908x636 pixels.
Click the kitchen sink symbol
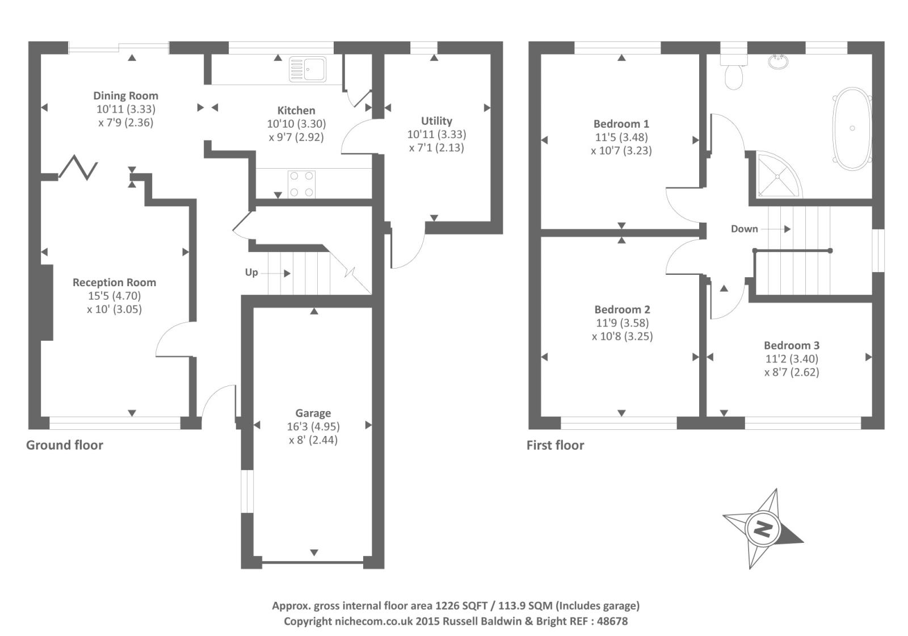pos(308,69)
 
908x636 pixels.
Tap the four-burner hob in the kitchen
pos(301,184)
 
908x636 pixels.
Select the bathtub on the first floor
pos(852,128)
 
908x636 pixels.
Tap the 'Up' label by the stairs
pos(251,273)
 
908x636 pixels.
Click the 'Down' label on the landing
pos(744,229)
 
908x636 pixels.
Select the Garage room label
pos(313,413)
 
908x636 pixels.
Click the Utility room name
pos(436,121)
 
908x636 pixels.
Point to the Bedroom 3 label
pos(791,345)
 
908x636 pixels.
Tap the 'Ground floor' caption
pos(65,445)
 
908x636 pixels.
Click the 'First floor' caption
pos(555,445)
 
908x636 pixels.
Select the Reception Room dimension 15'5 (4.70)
pos(114,296)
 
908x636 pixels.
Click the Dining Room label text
pos(125,96)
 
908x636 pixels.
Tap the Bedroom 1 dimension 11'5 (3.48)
pos(621,137)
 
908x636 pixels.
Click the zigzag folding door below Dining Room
pos(78,167)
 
